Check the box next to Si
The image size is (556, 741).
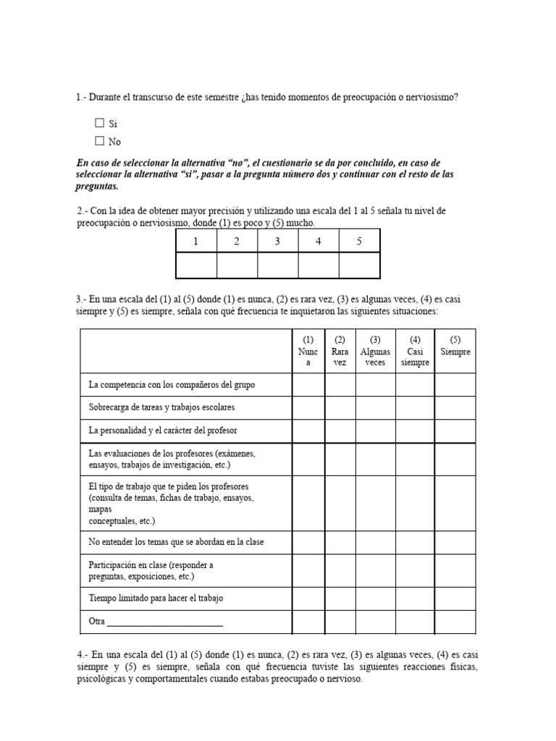[x=100, y=124]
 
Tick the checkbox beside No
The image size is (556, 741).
[x=100, y=141]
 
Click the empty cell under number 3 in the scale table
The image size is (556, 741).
[x=277, y=265]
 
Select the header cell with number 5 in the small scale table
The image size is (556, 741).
[x=359, y=241]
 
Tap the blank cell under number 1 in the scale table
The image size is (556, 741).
[x=196, y=265]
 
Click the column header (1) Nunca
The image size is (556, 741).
[x=308, y=351]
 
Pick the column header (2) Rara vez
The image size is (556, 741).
[x=340, y=351]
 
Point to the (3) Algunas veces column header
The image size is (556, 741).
[x=375, y=351]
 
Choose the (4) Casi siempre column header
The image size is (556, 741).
[x=415, y=351]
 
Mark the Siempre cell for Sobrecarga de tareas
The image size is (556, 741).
[x=455, y=407]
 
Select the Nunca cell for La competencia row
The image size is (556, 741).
[x=308, y=385]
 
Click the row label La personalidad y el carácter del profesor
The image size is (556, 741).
[x=163, y=431]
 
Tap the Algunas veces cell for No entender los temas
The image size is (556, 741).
[x=375, y=543]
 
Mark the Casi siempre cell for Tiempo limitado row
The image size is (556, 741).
[x=415, y=598]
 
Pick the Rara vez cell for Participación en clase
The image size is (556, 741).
[x=340, y=571]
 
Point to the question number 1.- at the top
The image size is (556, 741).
[x=81, y=97]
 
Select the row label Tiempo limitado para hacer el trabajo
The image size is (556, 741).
[x=156, y=598]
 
